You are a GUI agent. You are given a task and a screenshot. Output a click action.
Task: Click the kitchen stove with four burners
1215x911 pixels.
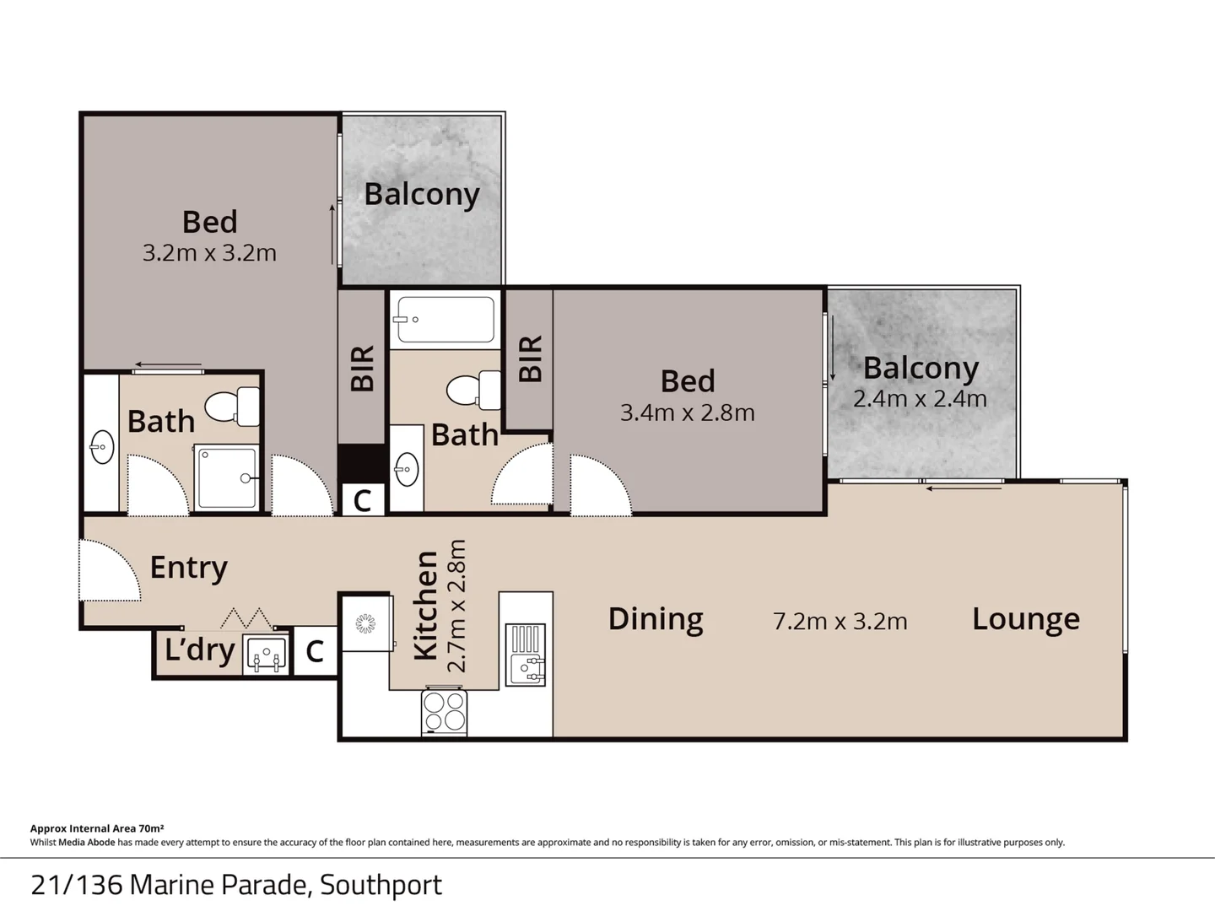coord(444,711)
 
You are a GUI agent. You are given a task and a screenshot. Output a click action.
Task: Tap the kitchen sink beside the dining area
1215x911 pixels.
coord(525,655)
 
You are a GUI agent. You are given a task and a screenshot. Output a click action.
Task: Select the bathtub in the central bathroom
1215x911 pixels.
coord(445,320)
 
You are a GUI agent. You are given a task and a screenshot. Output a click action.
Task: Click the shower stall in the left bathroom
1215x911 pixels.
coord(227,477)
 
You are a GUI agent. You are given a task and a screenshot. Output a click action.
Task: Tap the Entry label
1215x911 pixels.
coord(188,568)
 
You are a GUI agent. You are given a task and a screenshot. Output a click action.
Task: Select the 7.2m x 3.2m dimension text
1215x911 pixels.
coord(840,622)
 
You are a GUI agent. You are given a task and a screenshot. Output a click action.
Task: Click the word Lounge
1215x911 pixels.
coord(1025,619)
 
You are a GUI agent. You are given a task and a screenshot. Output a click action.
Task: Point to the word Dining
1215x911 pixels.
coord(656,619)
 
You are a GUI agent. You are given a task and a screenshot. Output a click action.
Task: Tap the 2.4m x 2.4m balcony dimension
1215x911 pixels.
coord(920,399)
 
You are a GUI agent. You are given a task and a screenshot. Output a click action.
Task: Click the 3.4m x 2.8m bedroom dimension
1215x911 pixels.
coord(687,412)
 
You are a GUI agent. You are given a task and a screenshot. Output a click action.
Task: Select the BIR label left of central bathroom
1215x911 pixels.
coord(362,369)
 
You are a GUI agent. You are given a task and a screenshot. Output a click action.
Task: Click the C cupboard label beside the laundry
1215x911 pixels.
coord(315,651)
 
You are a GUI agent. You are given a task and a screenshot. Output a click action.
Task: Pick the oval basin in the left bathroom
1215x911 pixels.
coord(102,447)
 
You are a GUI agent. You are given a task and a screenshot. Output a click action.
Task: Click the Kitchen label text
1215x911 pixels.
coord(426,605)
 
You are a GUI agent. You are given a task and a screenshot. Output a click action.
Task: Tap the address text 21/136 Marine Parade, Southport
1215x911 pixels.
coord(236,885)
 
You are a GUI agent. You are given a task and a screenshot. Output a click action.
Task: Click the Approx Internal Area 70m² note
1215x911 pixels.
coord(97,828)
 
